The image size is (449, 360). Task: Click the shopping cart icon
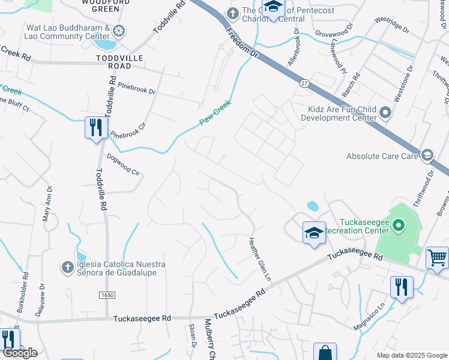click(437, 257)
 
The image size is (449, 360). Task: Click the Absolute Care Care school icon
click(427, 156)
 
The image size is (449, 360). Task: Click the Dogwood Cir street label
click(123, 164)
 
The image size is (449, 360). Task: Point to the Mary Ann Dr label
click(47, 204)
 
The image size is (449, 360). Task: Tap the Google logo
click(20, 353)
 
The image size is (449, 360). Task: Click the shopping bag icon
click(325, 352)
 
